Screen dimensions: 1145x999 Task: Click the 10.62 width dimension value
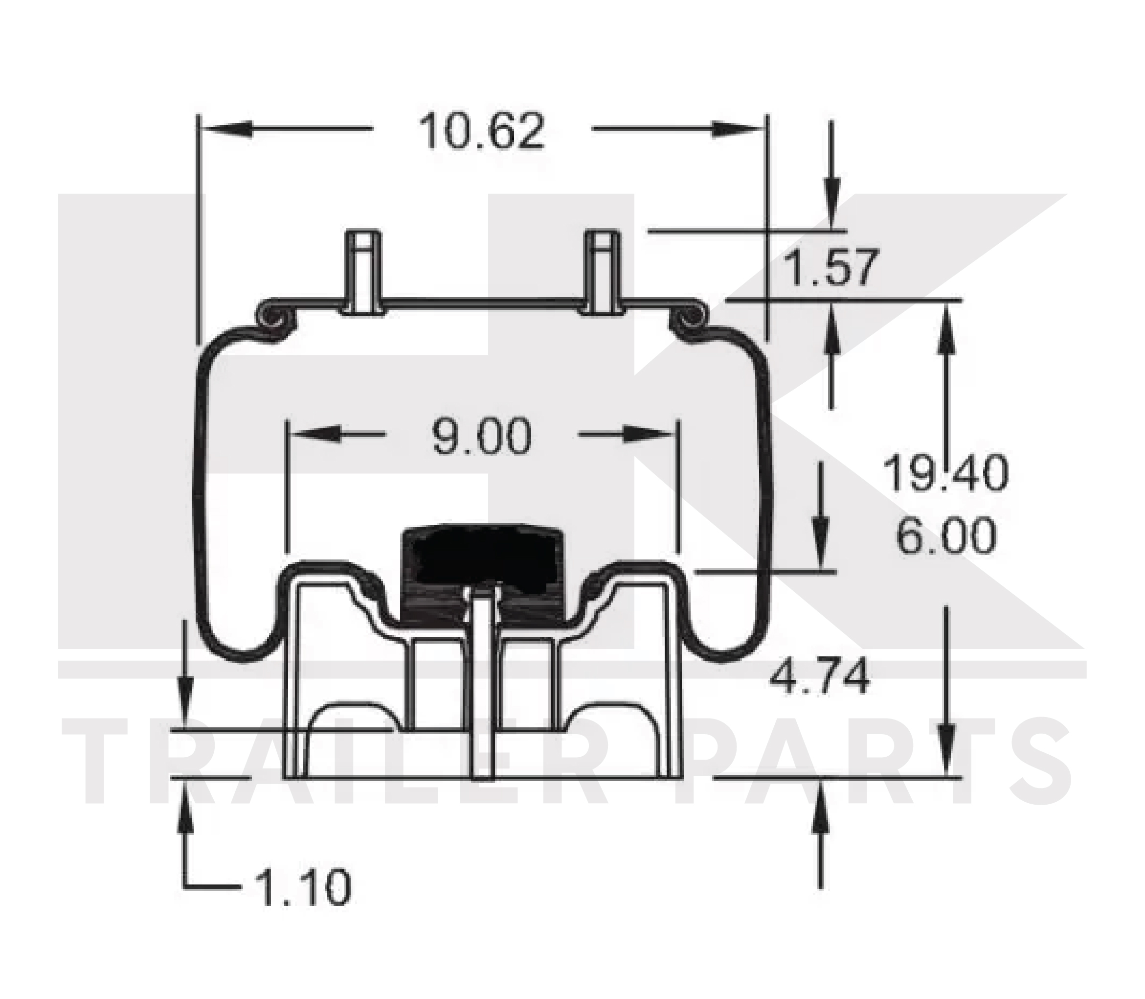click(481, 132)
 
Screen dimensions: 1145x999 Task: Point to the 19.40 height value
click(945, 473)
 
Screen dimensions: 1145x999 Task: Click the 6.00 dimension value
click(945, 535)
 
